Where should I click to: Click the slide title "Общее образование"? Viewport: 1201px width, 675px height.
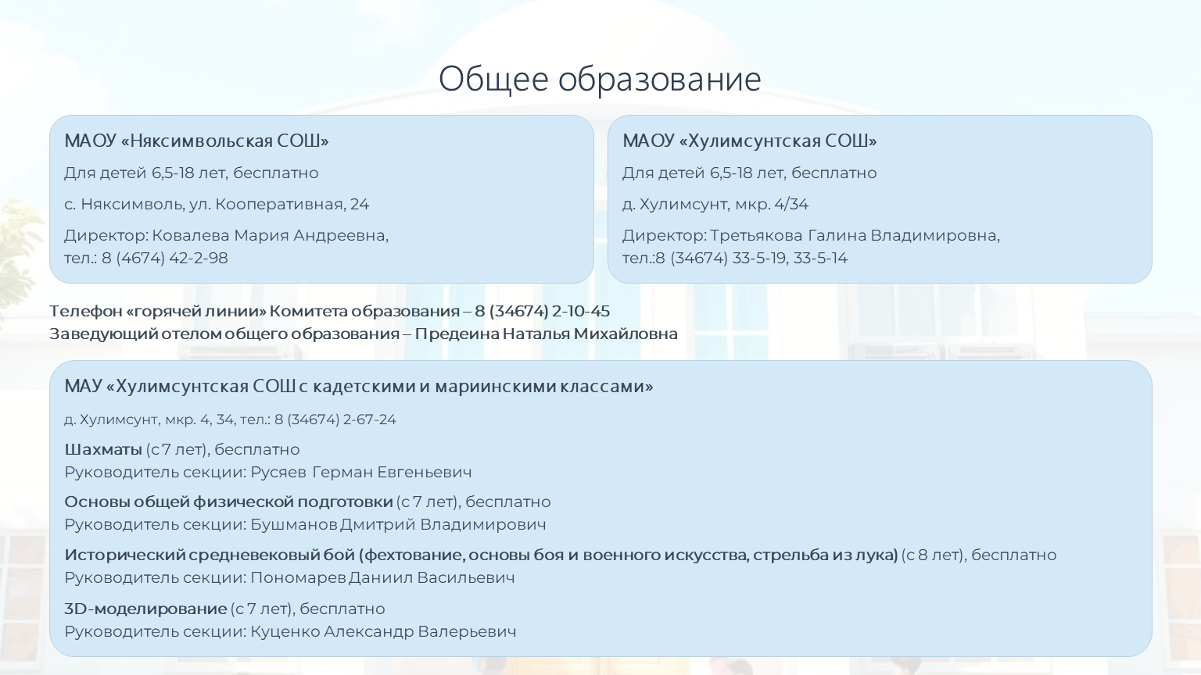[600, 79]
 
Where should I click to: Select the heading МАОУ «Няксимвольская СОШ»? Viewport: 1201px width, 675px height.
[196, 141]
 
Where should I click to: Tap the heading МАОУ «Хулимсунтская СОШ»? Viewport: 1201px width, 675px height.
[750, 141]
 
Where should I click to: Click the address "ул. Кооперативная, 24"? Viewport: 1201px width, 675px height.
[279, 204]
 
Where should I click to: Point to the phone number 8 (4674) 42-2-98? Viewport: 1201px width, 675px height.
[165, 259]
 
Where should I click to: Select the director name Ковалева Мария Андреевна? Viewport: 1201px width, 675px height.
[271, 236]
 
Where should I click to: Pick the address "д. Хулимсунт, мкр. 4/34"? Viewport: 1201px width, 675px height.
[715, 204]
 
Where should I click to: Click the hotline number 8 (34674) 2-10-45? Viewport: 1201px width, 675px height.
[542, 311]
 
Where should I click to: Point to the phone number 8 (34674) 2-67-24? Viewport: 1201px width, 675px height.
[335, 420]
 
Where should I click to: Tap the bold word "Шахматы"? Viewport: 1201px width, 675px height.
[103, 449]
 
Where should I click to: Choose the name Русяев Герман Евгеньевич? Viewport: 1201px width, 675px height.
[361, 472]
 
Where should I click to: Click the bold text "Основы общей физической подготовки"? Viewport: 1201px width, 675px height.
[228, 502]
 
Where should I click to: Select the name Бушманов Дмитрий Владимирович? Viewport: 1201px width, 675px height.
[398, 524]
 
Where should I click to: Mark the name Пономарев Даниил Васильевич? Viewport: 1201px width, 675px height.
[382, 577]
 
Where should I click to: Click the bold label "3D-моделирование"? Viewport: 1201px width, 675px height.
[145, 609]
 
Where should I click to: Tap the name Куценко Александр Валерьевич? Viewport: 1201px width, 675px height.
[383, 631]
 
